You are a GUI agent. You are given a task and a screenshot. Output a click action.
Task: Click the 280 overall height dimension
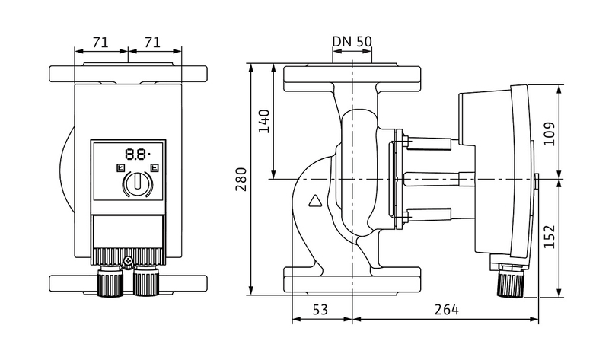[241, 180]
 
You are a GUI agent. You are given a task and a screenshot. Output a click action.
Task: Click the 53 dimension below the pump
[320, 309]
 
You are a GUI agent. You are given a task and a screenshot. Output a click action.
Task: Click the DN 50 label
[352, 41]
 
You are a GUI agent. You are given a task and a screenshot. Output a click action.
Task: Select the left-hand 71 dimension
[100, 43]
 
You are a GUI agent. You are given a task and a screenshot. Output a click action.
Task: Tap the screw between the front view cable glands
[129, 265]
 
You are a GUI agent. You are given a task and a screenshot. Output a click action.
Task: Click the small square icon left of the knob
[119, 168]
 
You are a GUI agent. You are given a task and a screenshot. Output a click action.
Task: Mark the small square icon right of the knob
[155, 168]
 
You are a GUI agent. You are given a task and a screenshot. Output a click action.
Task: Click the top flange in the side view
[352, 75]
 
